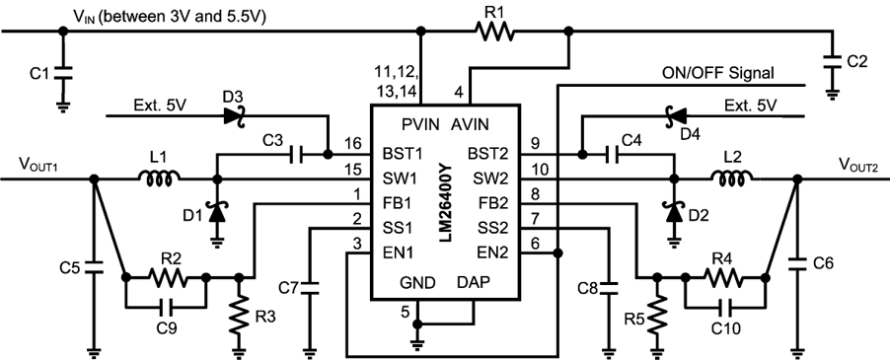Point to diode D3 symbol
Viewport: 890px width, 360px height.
pyautogui.click(x=235, y=117)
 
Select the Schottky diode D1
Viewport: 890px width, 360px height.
pyautogui.click(x=215, y=210)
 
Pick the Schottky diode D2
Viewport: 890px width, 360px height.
pyautogui.click(x=674, y=210)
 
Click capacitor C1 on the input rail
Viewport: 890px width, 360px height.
pyautogui.click(x=64, y=74)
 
